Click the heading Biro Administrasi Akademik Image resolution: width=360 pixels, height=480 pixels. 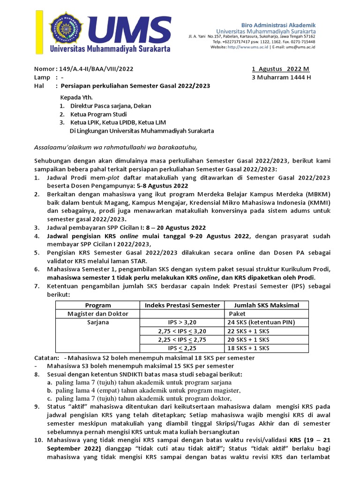coord(285,24)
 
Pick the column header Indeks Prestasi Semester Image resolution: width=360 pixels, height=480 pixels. coord(182,305)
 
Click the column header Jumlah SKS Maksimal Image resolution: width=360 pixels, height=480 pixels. coord(263,305)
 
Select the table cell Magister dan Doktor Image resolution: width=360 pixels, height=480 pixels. coord(98,314)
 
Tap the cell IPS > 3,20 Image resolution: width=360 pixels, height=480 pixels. coord(182,322)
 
